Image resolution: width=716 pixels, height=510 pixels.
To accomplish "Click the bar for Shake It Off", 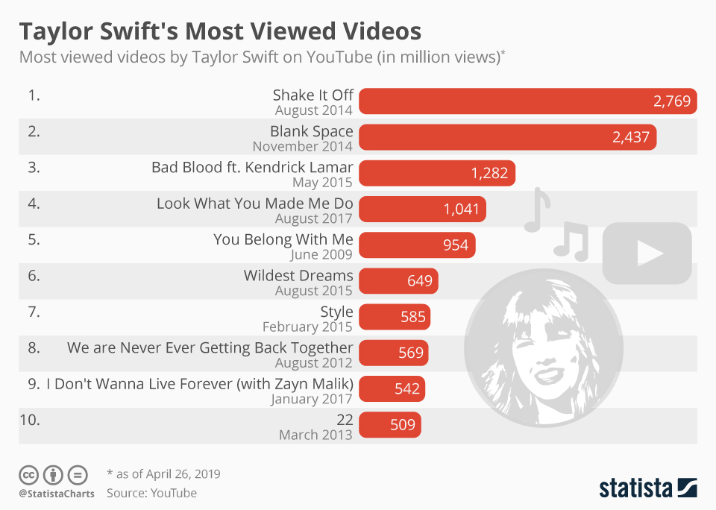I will pyautogui.click(x=527, y=101).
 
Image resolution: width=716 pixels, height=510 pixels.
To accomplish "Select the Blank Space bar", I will pyautogui.click(x=507, y=137).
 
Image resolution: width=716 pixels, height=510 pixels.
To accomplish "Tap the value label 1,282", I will pyautogui.click(x=489, y=174).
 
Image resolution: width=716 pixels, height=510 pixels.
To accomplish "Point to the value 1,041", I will pyautogui.click(x=462, y=210).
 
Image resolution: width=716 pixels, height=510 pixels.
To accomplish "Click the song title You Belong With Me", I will pyautogui.click(x=283, y=239).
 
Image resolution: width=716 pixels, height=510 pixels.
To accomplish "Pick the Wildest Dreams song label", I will pyautogui.click(x=298, y=275).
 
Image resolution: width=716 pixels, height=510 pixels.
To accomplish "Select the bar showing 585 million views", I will pyautogui.click(x=395, y=318).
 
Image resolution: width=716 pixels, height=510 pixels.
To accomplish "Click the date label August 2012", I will pyautogui.click(x=313, y=363).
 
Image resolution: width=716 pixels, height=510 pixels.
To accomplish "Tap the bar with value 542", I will pyautogui.click(x=391, y=389).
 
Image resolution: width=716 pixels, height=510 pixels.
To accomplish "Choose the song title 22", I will pyautogui.click(x=345, y=420).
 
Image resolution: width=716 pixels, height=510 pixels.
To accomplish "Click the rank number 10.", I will pyautogui.click(x=29, y=420).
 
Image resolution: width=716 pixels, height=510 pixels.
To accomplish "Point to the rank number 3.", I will pyautogui.click(x=33, y=167).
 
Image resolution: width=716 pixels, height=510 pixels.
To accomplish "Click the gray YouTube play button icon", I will pyautogui.click(x=647, y=254).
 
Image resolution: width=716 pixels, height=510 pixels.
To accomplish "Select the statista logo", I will pyautogui.click(x=648, y=488).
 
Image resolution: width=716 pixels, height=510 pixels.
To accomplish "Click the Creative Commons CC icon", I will pyautogui.click(x=29, y=474).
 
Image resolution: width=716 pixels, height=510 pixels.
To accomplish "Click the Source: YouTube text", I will pyautogui.click(x=151, y=493).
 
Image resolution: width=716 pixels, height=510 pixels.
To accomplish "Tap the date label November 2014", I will pyautogui.click(x=302, y=147).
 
